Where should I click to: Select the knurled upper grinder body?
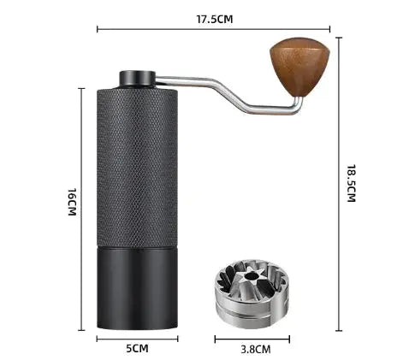point(138,162)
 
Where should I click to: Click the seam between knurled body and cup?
point(138,242)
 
